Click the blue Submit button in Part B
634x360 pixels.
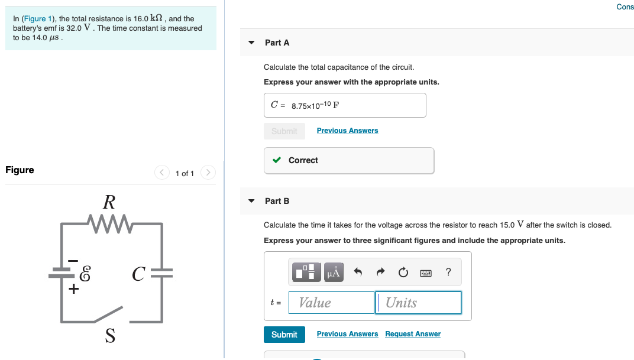click(x=284, y=335)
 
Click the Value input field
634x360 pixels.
click(x=331, y=303)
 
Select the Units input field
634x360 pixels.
click(x=418, y=303)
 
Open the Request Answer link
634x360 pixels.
click(x=413, y=334)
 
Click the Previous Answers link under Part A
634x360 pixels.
click(x=347, y=131)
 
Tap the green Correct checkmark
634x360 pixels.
click(x=276, y=160)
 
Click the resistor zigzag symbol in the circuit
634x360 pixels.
click(x=108, y=223)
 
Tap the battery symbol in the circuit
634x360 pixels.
click(x=62, y=273)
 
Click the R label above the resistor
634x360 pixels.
click(x=109, y=203)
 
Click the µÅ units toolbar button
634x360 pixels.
click(x=334, y=272)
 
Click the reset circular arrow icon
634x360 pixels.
click(x=403, y=272)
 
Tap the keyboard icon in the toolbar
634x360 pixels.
click(x=426, y=273)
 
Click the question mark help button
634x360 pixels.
click(x=448, y=272)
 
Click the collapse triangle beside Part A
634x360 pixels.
click(x=252, y=43)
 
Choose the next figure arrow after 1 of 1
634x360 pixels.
click(x=208, y=173)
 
